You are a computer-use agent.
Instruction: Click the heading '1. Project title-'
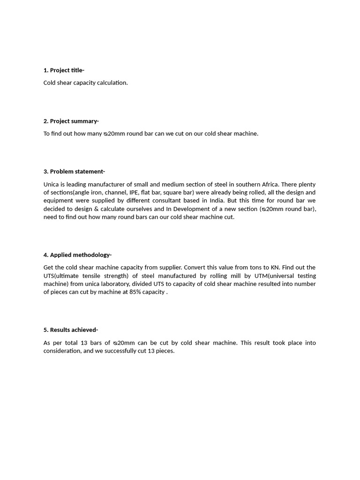64,70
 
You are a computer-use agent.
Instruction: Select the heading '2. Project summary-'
71,121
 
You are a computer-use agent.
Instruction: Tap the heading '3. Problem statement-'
74,172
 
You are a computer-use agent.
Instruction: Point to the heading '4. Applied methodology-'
77,255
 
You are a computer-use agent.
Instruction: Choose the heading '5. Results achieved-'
71,330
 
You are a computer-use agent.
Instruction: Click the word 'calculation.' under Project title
112,83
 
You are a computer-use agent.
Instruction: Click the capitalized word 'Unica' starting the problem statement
51,184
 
